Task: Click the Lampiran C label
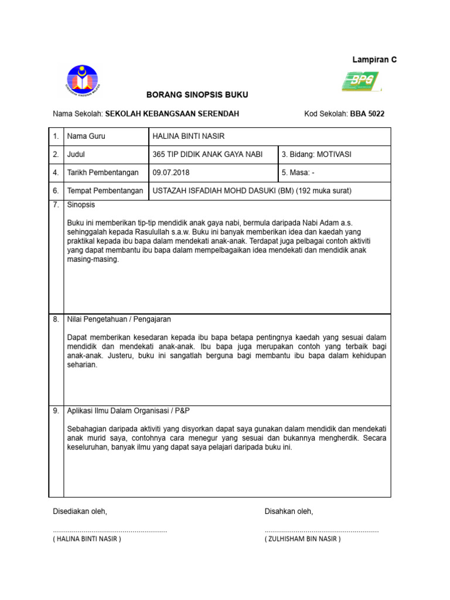click(374, 60)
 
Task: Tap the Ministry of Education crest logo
click(83, 81)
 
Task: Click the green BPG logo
click(361, 82)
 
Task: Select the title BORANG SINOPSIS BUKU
click(193, 95)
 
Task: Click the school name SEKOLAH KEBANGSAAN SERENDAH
click(172, 114)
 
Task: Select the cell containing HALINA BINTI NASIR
click(188, 137)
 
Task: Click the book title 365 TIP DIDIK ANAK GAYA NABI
click(207, 155)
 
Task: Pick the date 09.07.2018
click(171, 173)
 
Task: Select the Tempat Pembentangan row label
click(105, 191)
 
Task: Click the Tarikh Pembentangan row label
click(103, 173)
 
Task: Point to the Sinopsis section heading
click(81, 205)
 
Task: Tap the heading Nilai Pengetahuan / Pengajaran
click(119, 319)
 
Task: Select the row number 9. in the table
click(56, 411)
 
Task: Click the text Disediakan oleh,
click(80, 512)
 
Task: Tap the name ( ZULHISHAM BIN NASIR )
click(302, 539)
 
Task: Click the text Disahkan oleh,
click(289, 512)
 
